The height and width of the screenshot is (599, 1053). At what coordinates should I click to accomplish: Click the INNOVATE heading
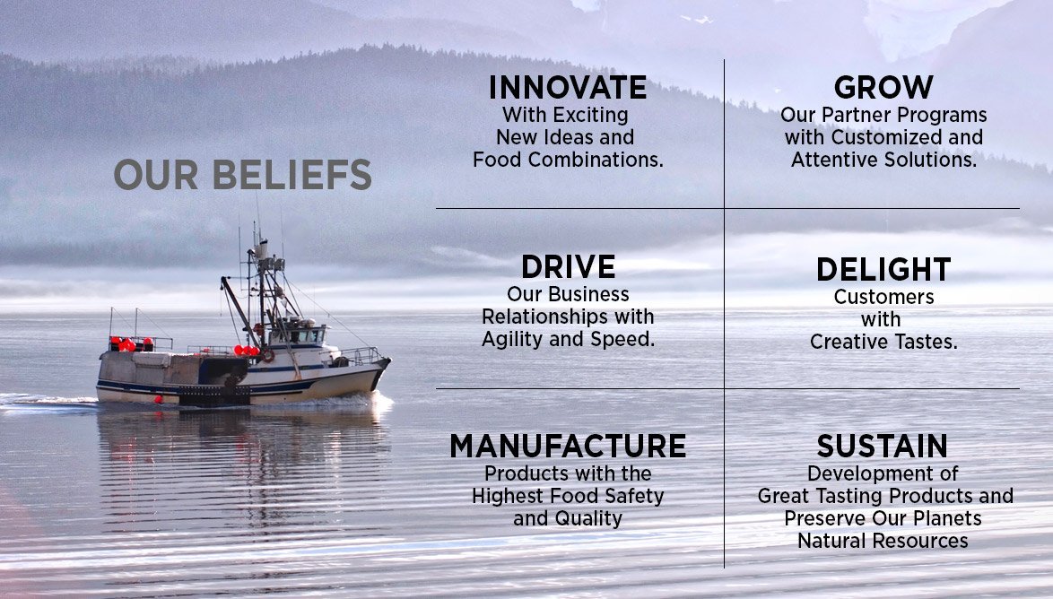tap(568, 87)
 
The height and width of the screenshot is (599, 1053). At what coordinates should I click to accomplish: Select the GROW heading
tap(883, 87)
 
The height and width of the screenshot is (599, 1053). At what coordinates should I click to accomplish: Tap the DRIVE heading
tap(568, 266)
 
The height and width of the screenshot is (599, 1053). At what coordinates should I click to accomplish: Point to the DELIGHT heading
tap(883, 269)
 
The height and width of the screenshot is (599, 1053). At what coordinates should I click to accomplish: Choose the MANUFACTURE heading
tap(568, 446)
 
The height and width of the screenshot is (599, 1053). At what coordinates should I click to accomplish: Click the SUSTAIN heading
tap(883, 446)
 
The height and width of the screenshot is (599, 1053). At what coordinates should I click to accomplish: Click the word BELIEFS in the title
tap(292, 175)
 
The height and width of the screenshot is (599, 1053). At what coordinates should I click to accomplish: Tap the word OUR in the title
tap(156, 175)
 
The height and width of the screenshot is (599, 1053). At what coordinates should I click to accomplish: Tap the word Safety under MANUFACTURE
tap(634, 496)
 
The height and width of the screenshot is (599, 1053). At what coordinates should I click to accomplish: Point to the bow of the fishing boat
tap(386, 363)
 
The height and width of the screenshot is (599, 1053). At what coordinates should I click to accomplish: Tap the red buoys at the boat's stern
tap(127, 345)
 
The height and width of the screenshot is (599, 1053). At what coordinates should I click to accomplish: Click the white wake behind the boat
tap(47, 402)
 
